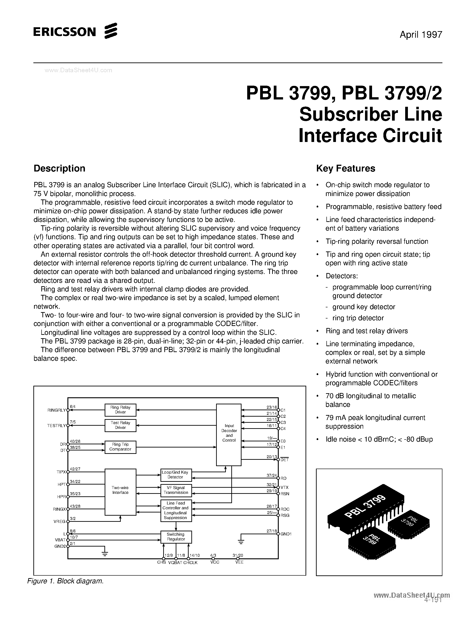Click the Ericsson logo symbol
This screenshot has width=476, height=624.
[x=111, y=31]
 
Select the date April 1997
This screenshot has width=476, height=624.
[x=421, y=35]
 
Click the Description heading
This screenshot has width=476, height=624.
[x=59, y=168]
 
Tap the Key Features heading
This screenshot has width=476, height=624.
[x=345, y=168]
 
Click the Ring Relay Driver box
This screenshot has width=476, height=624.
[x=120, y=410]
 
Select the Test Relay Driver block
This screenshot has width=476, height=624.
[x=120, y=425]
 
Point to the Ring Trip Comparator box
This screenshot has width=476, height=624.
[x=120, y=447]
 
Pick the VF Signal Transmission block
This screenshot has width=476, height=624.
[x=176, y=490]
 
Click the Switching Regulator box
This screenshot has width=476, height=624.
[x=176, y=537]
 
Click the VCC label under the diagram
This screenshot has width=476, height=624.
[x=215, y=562]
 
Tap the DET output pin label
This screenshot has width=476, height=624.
[x=284, y=460]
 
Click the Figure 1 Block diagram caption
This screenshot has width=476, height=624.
[x=65, y=581]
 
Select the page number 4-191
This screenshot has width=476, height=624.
[x=433, y=600]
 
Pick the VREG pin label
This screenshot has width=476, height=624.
[x=59, y=521]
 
